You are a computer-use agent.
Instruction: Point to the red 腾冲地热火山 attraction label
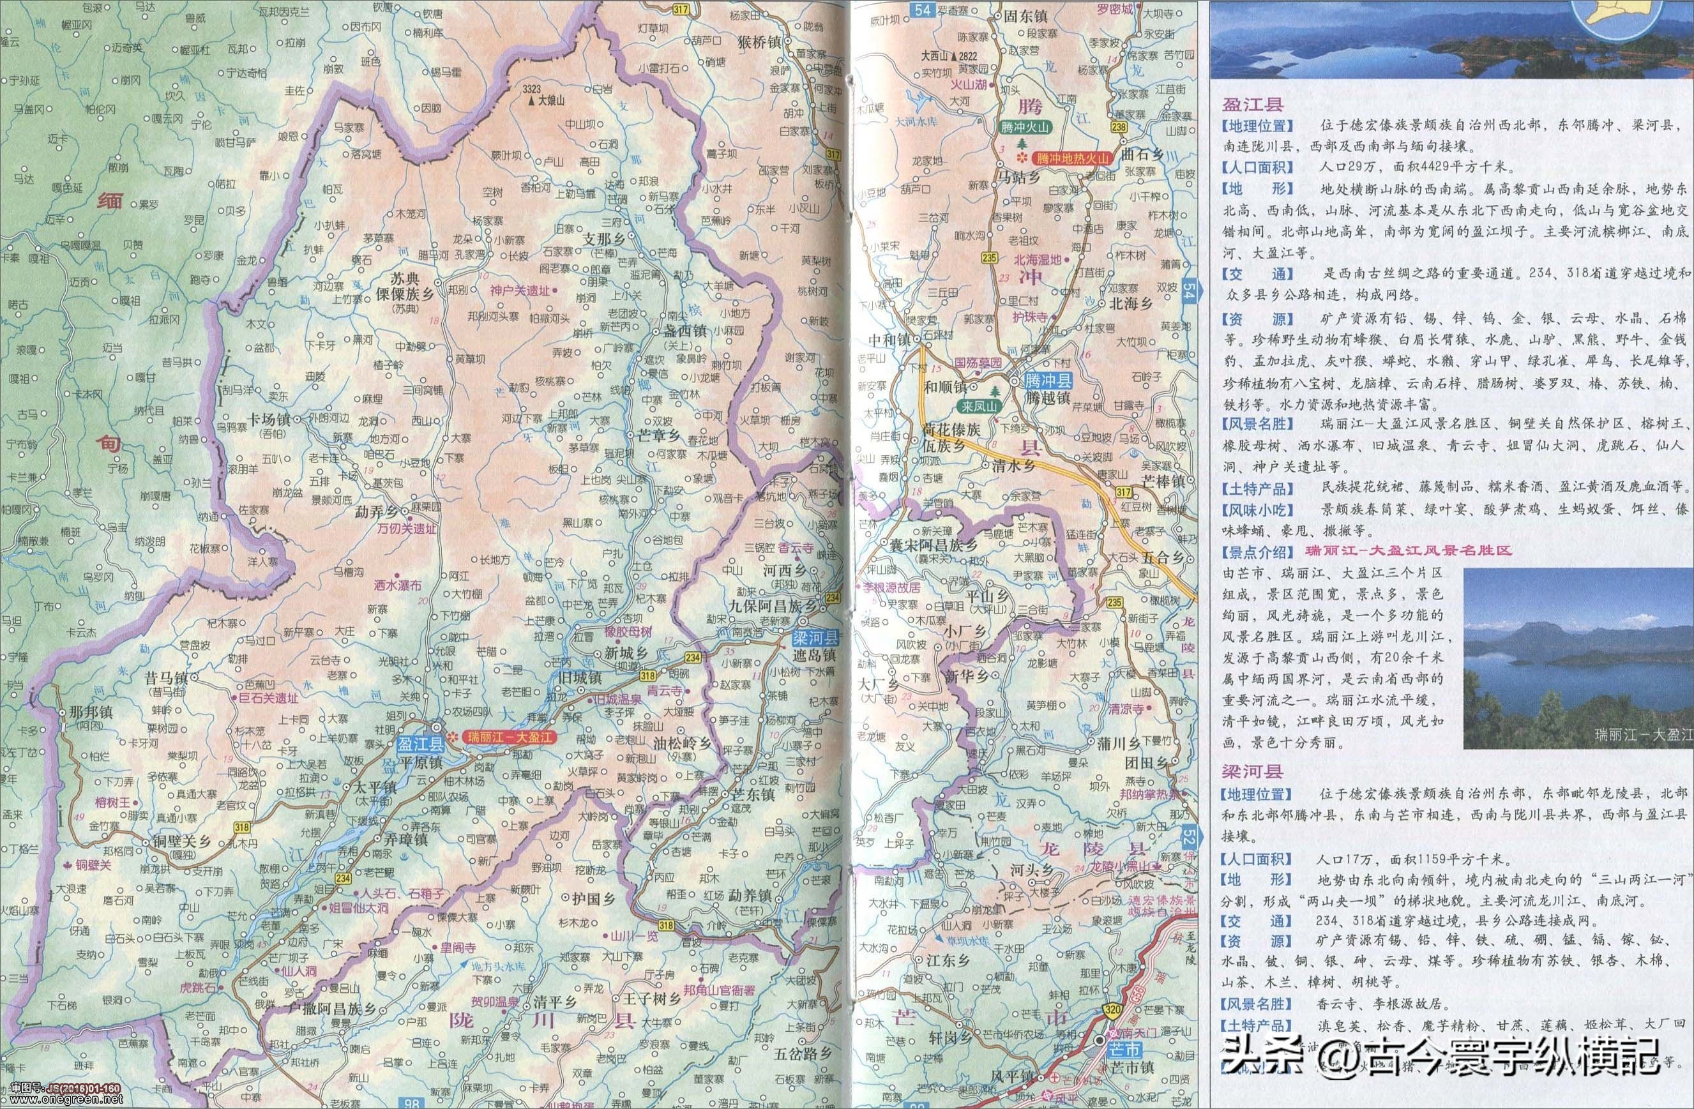tap(1073, 158)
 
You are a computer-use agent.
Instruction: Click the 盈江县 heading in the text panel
tap(1253, 105)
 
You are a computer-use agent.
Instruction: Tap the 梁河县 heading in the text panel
tap(1253, 771)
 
